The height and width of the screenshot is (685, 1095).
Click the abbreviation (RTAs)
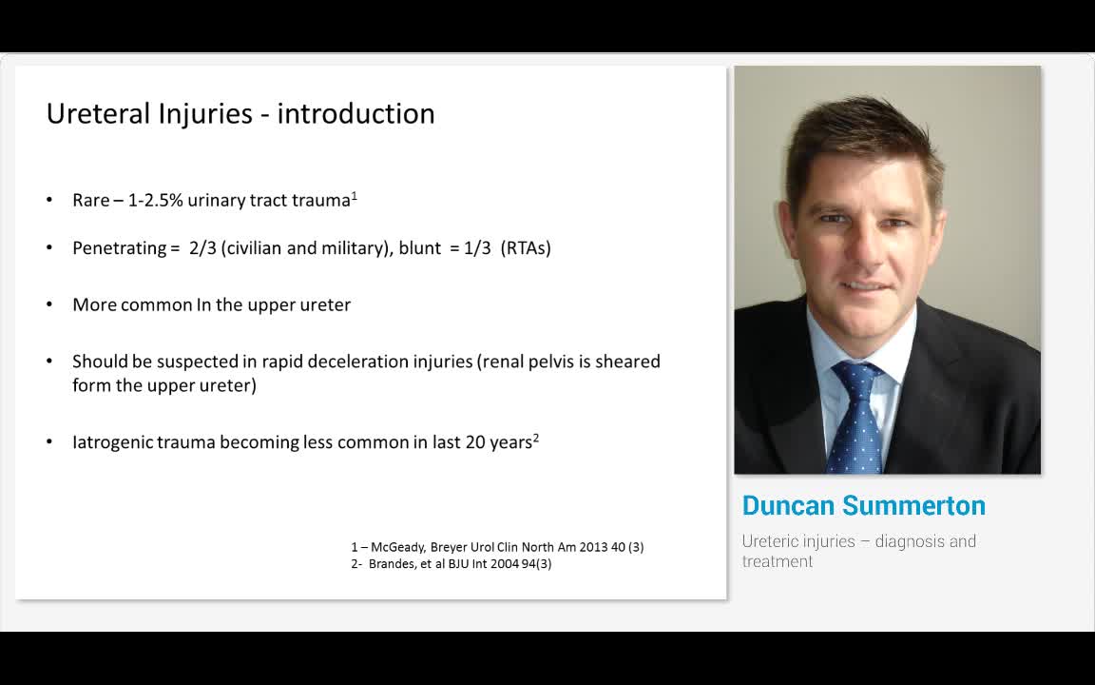(x=526, y=248)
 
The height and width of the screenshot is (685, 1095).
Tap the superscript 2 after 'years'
(x=536, y=438)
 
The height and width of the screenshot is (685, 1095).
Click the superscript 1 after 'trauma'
(x=355, y=196)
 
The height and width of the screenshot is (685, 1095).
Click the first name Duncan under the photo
(x=787, y=505)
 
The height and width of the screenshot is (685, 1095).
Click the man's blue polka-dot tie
(x=856, y=419)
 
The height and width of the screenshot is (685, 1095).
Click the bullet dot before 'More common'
(x=49, y=305)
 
